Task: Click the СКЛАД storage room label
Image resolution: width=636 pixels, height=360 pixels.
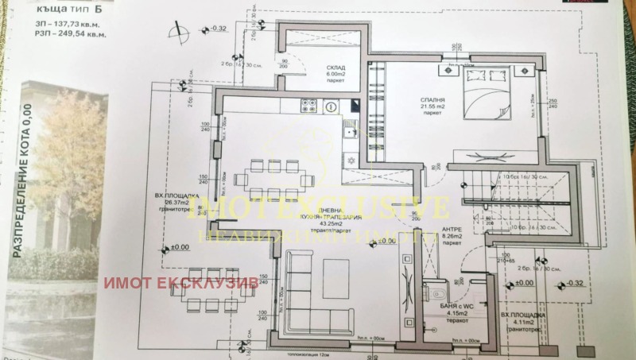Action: pyautogui.click(x=324, y=69)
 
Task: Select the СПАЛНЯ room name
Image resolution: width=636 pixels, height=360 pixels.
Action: pyautogui.click(x=433, y=102)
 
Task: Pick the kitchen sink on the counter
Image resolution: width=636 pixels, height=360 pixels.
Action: pyautogui.click(x=347, y=130)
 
